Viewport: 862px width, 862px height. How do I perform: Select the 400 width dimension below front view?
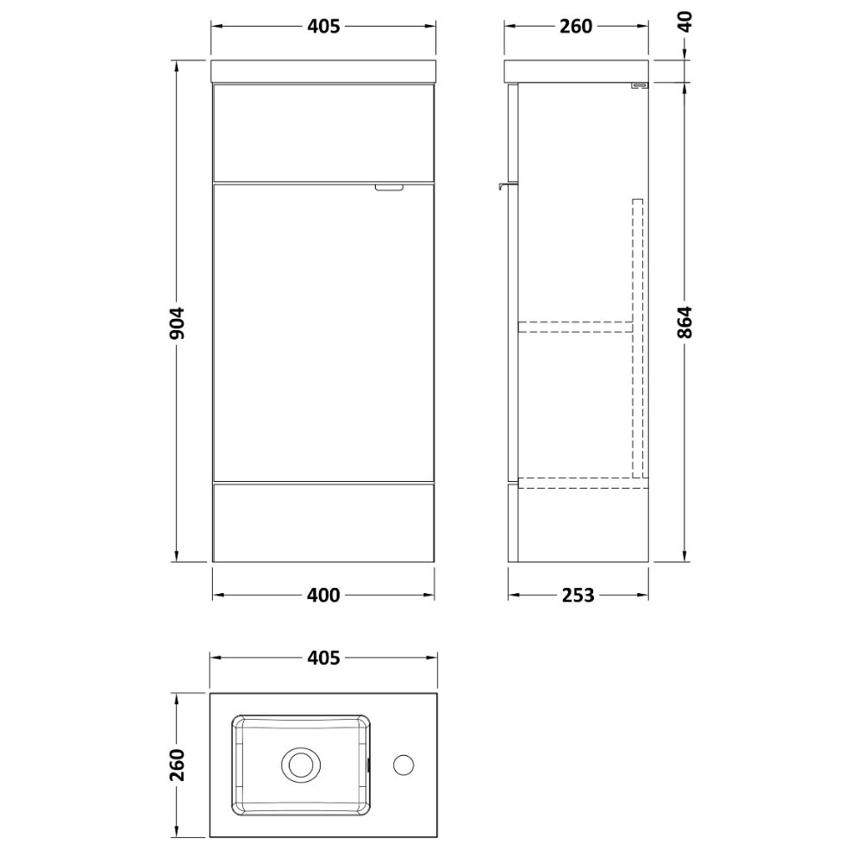point(322,595)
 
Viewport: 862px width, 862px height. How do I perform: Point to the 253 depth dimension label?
point(578,595)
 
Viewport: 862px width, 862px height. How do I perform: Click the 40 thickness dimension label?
point(686,22)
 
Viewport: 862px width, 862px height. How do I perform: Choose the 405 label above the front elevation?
point(322,27)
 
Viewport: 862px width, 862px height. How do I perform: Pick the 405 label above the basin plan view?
point(322,659)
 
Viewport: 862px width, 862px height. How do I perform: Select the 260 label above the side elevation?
point(576,27)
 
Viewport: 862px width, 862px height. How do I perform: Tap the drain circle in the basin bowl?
point(301,763)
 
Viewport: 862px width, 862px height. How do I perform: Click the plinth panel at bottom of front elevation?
point(322,521)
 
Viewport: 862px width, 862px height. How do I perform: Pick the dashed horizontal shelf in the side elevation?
point(574,326)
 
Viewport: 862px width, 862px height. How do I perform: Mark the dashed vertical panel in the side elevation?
point(638,336)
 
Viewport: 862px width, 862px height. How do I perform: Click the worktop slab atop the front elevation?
point(322,71)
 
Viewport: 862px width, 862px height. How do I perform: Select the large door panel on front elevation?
point(322,332)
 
